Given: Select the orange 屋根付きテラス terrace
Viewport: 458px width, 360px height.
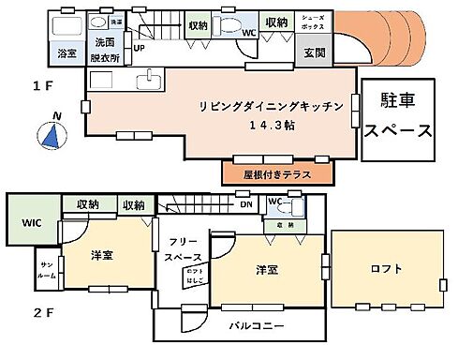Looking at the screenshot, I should click(x=277, y=173).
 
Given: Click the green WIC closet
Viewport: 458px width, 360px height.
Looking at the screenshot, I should click(x=30, y=223).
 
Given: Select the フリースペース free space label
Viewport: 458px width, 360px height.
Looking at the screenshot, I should click(x=183, y=247).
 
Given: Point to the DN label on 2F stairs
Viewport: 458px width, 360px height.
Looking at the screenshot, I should click(x=245, y=203).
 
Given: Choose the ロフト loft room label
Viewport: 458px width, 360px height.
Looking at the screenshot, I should click(x=385, y=270).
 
